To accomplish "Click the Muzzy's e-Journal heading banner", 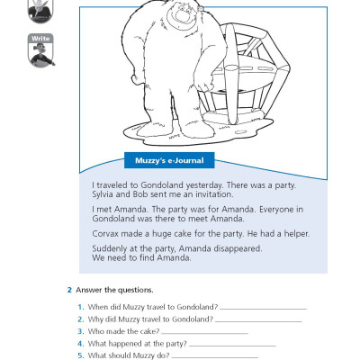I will (164, 161).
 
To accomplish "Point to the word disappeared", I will (238, 248).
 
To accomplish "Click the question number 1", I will (79, 309).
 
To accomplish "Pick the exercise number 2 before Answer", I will (69, 290).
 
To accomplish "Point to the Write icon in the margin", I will (40, 50).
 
